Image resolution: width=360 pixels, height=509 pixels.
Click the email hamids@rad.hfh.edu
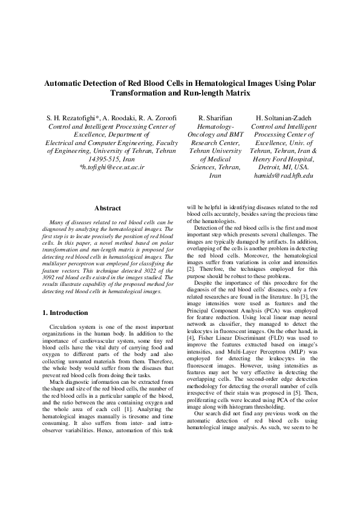283,175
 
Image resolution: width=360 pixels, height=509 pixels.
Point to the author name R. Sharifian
215,117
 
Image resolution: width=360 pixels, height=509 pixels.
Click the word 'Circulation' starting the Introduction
65,326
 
